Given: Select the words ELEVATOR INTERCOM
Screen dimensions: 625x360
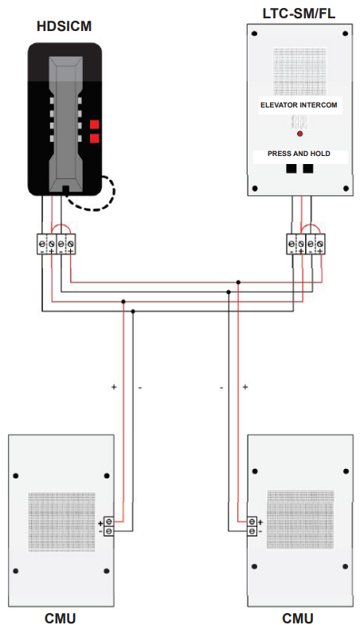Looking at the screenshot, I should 298,104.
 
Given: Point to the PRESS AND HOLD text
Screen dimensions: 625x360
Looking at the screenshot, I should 298,154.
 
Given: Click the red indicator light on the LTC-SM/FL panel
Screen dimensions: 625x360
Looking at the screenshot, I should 299,134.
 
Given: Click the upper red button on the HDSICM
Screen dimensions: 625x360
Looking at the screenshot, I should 95,124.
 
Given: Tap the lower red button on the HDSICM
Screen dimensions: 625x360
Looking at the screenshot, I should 95,139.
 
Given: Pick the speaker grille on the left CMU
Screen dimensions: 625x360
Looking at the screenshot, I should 62,522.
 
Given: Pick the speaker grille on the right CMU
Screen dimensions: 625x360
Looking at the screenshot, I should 299,522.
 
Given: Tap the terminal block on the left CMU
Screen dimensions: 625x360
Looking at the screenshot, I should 108,526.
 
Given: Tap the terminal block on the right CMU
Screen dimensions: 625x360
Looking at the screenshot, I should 252,526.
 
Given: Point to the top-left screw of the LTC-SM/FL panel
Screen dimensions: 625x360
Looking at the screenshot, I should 254,34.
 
